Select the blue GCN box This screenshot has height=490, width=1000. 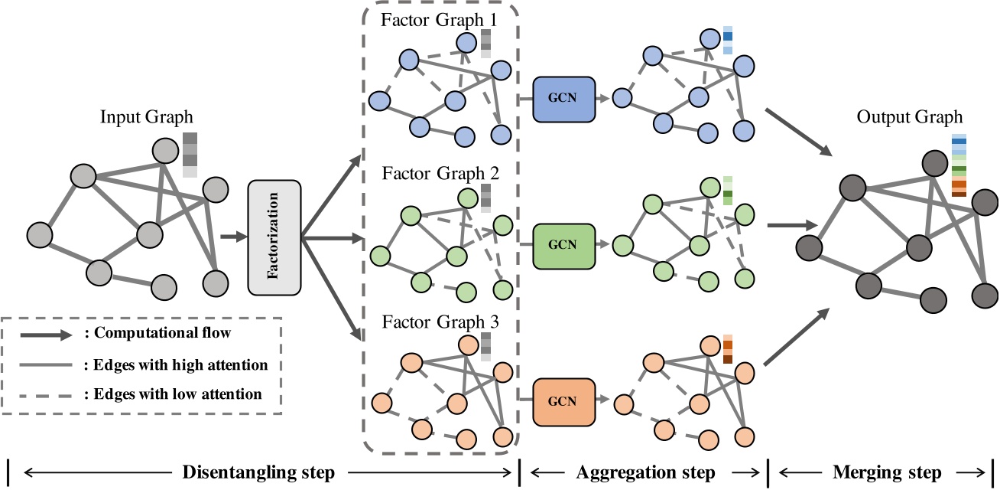(564, 100)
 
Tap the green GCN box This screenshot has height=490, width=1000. (564, 245)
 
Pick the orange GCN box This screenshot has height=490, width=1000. (564, 400)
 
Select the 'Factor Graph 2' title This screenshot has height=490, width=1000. (440, 173)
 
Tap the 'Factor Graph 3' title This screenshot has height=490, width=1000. (440, 322)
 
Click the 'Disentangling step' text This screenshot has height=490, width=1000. (258, 472)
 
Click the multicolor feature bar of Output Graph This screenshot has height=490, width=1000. (959, 165)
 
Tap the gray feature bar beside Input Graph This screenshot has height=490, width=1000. (190, 155)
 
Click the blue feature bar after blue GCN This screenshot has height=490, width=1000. (728, 41)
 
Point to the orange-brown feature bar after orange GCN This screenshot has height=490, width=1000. (728, 349)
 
